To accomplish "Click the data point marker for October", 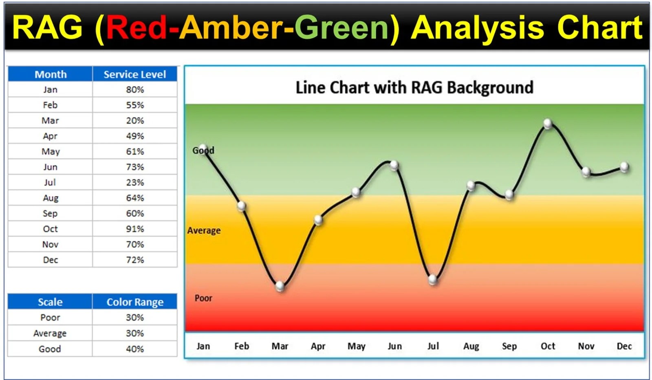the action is pyautogui.click(x=548, y=124).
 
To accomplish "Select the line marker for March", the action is pyautogui.click(x=280, y=286).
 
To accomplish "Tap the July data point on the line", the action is pyautogui.click(x=432, y=280).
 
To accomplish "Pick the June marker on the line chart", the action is pyautogui.click(x=394, y=165).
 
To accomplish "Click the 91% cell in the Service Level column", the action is pyautogui.click(x=135, y=229).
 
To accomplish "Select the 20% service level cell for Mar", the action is pyautogui.click(x=135, y=121).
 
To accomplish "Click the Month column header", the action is pyautogui.click(x=51, y=74).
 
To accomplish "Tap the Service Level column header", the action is pyautogui.click(x=135, y=74).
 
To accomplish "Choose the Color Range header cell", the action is pyautogui.click(x=135, y=302).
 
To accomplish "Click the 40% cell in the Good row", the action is pyautogui.click(x=135, y=349).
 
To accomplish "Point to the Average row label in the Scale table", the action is pyautogui.click(x=50, y=333).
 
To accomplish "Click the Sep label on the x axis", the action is pyautogui.click(x=509, y=346).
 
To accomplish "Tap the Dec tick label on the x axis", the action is pyautogui.click(x=624, y=346).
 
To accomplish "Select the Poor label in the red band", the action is pyautogui.click(x=203, y=298).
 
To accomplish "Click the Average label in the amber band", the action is pyautogui.click(x=204, y=231).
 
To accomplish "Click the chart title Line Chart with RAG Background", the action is pyautogui.click(x=414, y=88).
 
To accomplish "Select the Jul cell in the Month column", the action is pyautogui.click(x=50, y=183).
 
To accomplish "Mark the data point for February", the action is pyautogui.click(x=241, y=206).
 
